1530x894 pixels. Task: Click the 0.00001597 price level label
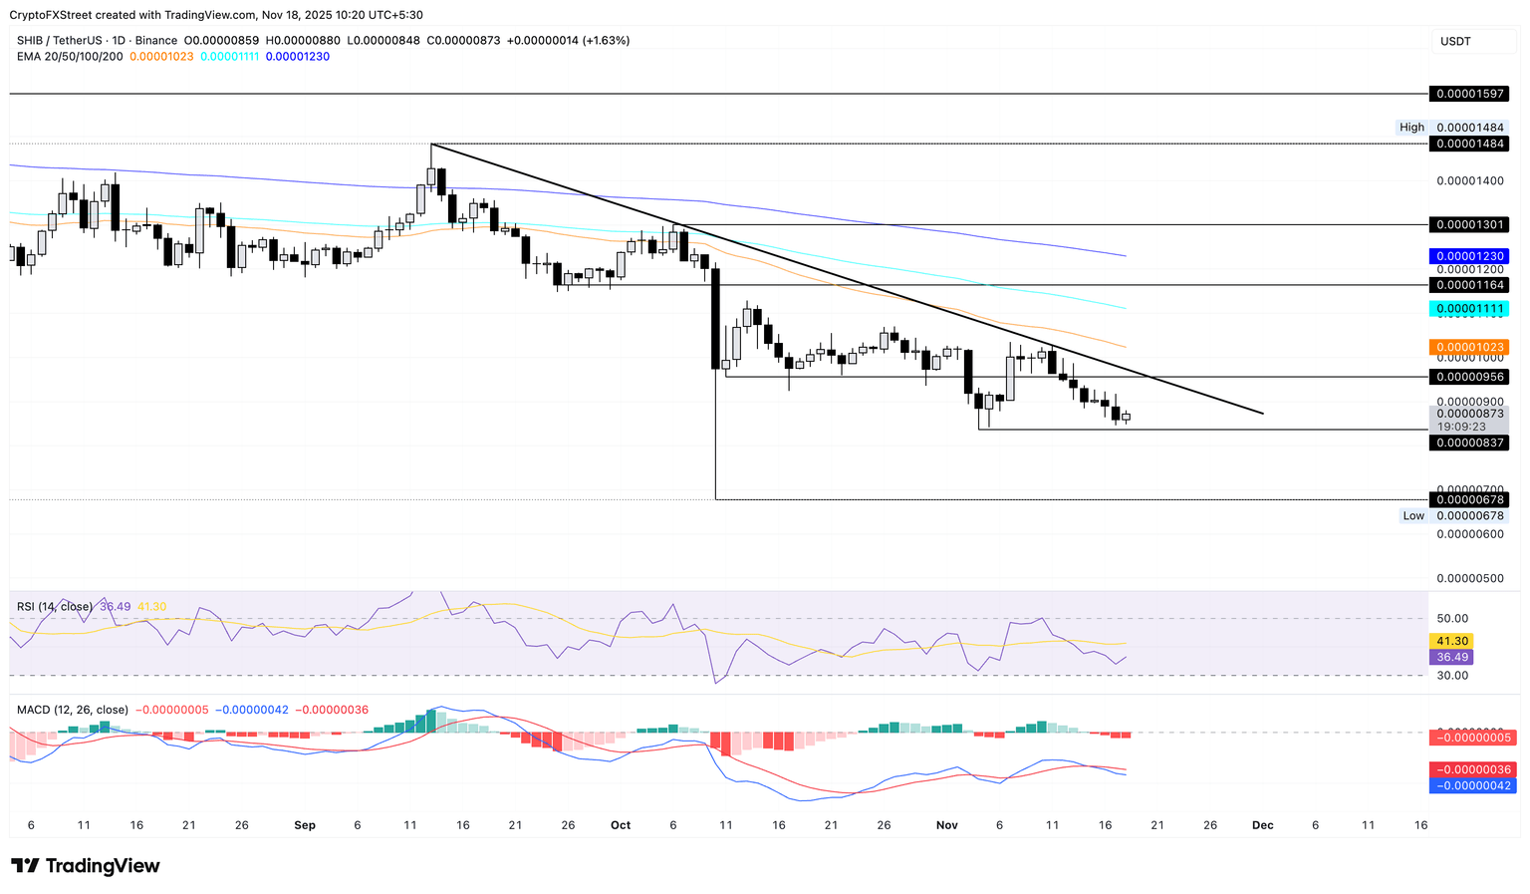pos(1468,94)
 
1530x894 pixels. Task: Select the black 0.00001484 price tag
pos(1468,144)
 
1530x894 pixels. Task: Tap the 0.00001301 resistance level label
pos(1468,225)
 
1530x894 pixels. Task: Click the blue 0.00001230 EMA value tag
pos(1468,256)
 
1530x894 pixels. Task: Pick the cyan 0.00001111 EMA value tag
pos(1468,309)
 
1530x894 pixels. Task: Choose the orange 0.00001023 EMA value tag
pos(1468,347)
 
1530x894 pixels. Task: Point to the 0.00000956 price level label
pos(1468,377)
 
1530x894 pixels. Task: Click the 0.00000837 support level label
pos(1468,443)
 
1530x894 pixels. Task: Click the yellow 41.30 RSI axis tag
pos(1450,641)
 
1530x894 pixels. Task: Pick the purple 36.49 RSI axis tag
pos(1450,657)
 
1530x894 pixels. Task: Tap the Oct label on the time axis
pos(621,825)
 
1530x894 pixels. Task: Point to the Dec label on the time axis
pos(1262,825)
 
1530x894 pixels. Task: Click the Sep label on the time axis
pos(305,825)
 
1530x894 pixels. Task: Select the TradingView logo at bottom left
pos(86,866)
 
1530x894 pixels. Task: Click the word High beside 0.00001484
pos(1411,128)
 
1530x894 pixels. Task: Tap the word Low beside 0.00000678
pos(1413,515)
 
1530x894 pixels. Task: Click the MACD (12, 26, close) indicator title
pos(73,710)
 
